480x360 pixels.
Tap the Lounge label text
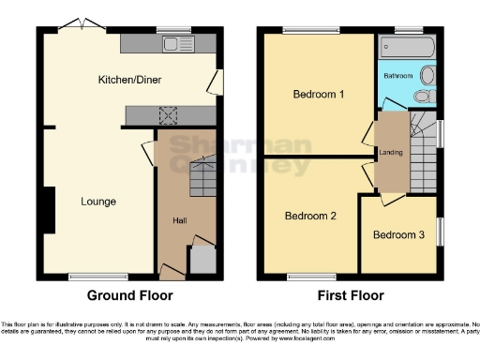98,201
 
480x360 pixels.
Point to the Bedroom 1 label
319,95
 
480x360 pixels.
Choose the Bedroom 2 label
310,216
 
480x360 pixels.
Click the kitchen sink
172,43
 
